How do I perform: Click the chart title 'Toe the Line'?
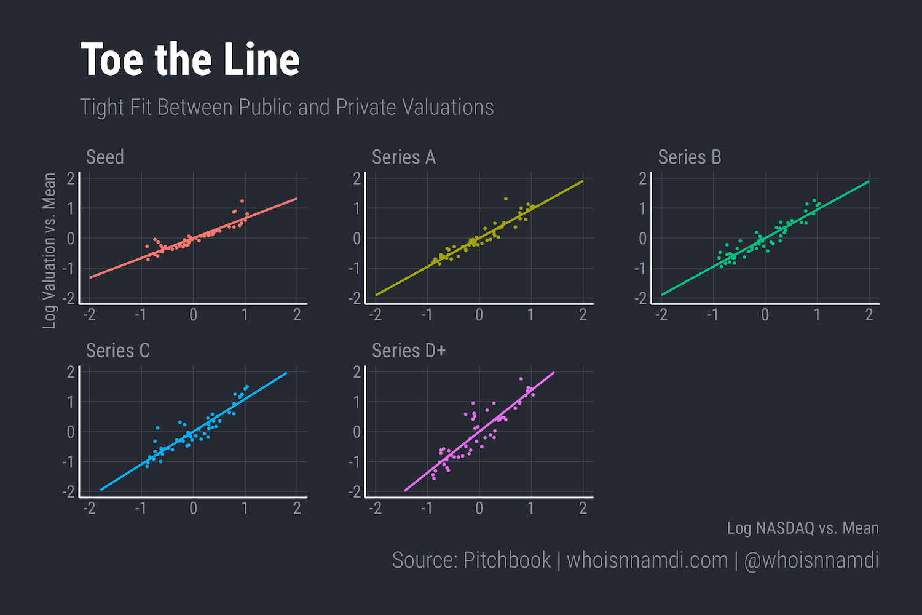coord(190,60)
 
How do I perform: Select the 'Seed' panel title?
coord(105,157)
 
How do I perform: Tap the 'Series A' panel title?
coord(404,157)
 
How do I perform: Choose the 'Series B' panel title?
coord(689,157)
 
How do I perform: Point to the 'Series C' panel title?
coord(118,351)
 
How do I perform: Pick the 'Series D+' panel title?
coord(409,351)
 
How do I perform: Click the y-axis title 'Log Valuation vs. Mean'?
coord(49,250)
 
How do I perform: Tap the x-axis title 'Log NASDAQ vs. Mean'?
coord(802,528)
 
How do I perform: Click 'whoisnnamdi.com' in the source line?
coord(647,560)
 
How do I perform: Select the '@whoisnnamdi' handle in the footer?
coord(811,560)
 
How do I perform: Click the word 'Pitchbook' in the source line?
coord(506,560)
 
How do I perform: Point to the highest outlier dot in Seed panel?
coord(242,201)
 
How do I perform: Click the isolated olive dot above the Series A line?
coord(506,199)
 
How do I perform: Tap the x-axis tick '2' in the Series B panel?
coord(869,315)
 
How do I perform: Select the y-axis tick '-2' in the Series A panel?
coord(355,298)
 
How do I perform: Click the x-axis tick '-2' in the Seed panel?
coord(90,315)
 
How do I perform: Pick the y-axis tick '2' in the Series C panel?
coord(71,371)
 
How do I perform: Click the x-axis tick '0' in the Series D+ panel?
coord(479,509)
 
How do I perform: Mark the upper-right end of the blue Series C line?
coord(286,373)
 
